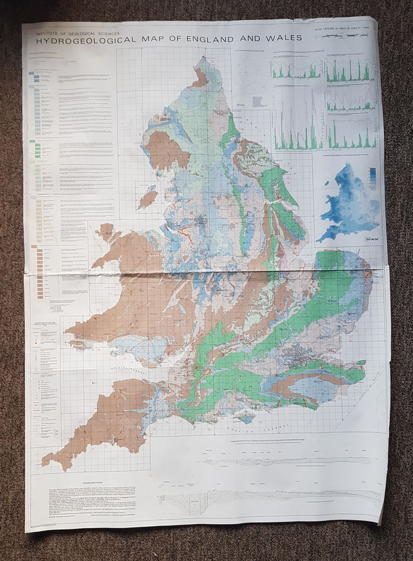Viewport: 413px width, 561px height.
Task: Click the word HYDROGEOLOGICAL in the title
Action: pyautogui.click(x=80, y=39)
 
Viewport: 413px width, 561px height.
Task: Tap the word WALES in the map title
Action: pyautogui.click(x=287, y=37)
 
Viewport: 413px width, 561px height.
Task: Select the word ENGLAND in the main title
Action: pyautogui.click(x=224, y=38)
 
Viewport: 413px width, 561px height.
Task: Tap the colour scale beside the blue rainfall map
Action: pyautogui.click(x=372, y=178)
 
